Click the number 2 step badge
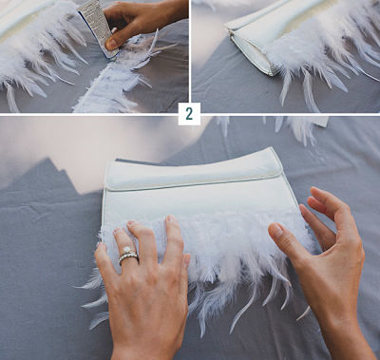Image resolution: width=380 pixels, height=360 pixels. click(189, 114)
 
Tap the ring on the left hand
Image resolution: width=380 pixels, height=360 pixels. click(128, 256)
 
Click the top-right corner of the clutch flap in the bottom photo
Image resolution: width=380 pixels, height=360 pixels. click(277, 152)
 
